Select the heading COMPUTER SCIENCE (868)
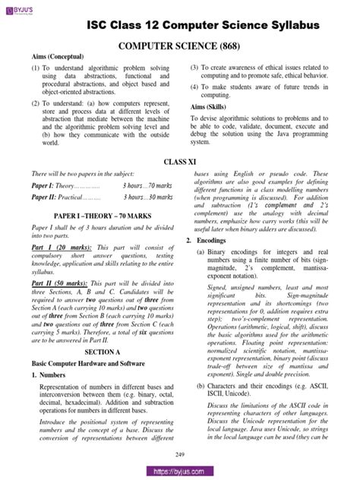click(x=181, y=47)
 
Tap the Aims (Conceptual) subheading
click(x=57, y=58)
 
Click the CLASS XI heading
click(x=180, y=163)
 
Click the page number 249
click(x=181, y=454)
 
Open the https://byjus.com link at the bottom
click(x=179, y=472)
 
